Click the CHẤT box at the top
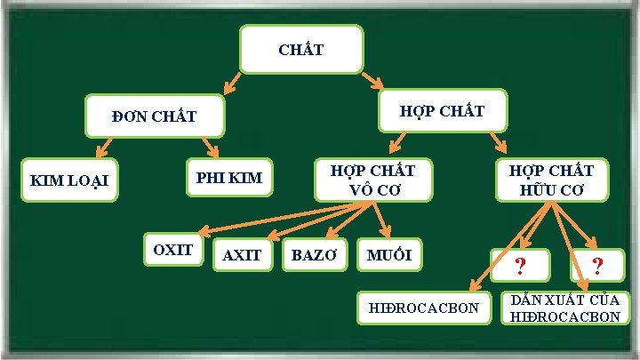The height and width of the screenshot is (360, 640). tap(301, 49)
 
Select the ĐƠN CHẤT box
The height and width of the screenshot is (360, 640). tap(154, 116)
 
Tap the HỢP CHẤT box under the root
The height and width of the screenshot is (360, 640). tap(442, 111)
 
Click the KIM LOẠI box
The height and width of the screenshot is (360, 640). tap(69, 180)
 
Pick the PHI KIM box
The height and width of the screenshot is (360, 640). tap(229, 178)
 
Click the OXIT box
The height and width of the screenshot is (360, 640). tap(173, 250)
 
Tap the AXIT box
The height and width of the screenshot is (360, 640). tap(242, 255)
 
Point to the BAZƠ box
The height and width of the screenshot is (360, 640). tap(315, 255)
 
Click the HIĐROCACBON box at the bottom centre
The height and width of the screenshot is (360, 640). tap(423, 308)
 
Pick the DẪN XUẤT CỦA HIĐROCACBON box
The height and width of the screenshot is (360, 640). tap(566, 308)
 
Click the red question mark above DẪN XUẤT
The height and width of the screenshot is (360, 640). tap(597, 265)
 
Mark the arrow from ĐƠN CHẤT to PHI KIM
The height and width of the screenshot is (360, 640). tap(210, 147)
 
